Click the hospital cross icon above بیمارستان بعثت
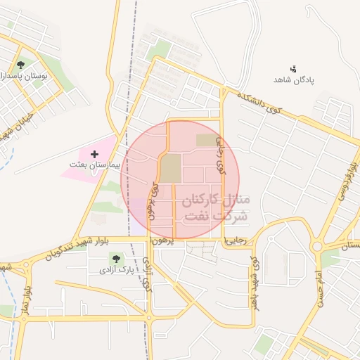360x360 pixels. tap(95, 153)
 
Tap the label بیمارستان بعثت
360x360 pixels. tap(96, 164)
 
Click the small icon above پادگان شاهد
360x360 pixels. tap(294, 68)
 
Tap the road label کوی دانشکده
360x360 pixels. tap(258, 103)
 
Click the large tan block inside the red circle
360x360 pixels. tap(170, 169)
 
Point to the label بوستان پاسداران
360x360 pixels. tap(23, 75)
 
